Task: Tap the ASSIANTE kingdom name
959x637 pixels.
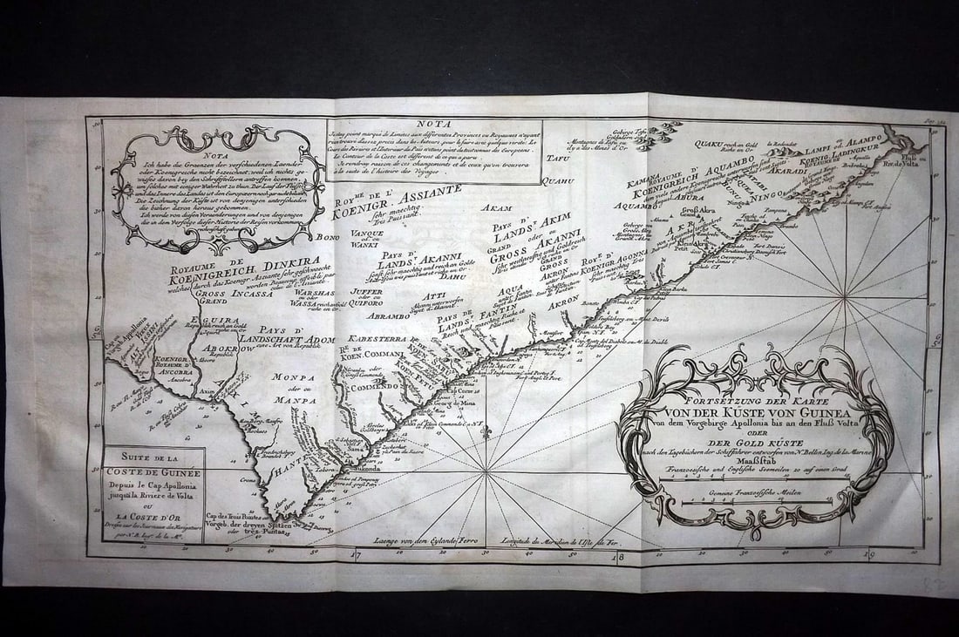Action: coord(426,193)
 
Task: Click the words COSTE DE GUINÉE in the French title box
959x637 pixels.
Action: coord(153,472)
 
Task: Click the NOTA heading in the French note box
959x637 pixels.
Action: coord(433,125)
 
